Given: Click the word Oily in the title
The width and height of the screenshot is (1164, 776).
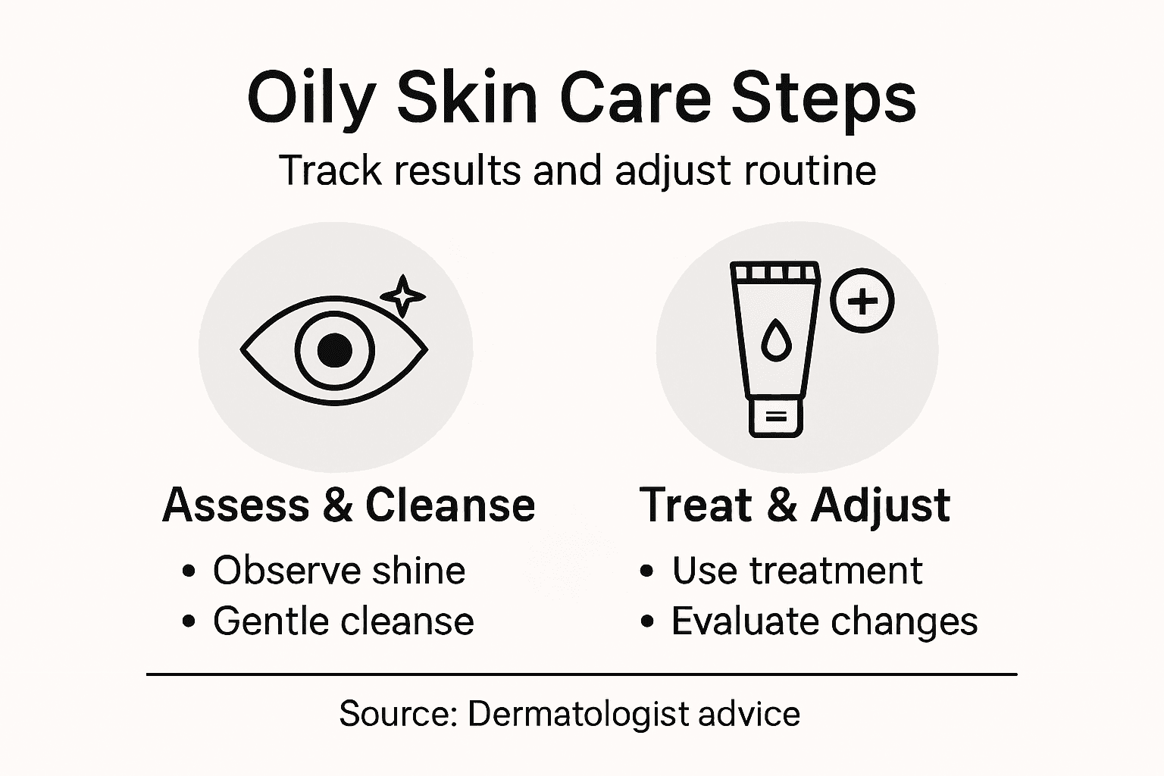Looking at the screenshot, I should (311, 99).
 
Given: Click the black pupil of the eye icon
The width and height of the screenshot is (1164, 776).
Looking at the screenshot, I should (334, 350).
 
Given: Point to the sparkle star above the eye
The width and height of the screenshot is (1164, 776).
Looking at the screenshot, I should (402, 296).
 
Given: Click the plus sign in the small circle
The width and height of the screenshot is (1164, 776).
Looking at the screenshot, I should (862, 301).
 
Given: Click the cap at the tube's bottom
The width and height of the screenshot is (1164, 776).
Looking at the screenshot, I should (775, 417).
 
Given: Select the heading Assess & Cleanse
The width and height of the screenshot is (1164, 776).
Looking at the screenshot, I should (349, 505).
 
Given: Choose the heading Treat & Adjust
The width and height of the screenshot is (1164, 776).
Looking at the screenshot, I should (794, 505).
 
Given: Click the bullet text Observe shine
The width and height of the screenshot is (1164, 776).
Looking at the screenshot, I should (339, 571).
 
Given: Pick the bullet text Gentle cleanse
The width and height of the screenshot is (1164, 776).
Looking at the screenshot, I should (343, 621).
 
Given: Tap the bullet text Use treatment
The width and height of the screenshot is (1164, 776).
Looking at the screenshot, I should (796, 571).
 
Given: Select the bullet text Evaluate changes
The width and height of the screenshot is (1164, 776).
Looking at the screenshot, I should (824, 621).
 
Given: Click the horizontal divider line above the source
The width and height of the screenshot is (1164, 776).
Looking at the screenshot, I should (581, 673).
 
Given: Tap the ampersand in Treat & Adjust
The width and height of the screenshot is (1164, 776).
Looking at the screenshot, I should (781, 505).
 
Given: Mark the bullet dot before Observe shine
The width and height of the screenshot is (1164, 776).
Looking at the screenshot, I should (189, 571).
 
